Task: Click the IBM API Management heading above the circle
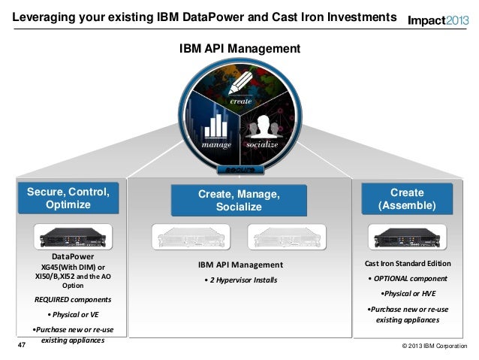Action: [239, 49]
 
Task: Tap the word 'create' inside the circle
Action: [240, 101]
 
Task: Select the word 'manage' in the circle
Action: [211, 143]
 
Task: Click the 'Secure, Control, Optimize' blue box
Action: [68, 198]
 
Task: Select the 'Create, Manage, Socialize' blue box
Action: [239, 201]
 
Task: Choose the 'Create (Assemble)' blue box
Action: [406, 199]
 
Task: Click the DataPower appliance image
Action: [72, 237]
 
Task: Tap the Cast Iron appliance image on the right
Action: [406, 237]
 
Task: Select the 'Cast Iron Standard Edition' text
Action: [408, 264]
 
